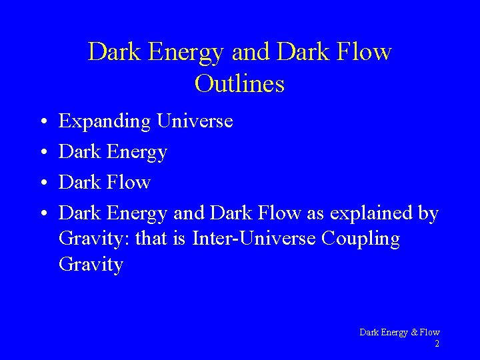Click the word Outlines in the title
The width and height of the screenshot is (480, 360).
click(239, 84)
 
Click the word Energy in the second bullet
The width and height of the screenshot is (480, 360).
click(137, 153)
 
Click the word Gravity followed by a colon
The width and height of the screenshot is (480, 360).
click(94, 239)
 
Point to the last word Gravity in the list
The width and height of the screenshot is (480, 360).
click(91, 265)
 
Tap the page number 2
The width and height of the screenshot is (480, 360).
click(437, 344)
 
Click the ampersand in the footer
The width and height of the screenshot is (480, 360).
click(407, 332)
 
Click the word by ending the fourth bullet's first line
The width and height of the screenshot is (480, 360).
click(427, 214)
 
